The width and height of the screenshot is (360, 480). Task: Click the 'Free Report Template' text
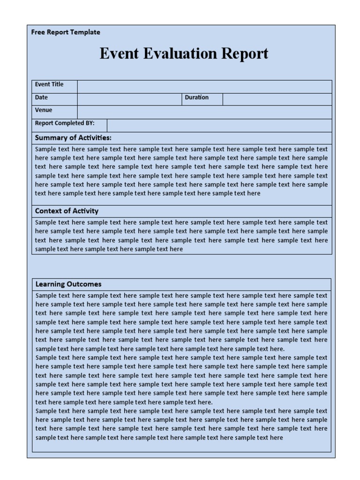(66, 32)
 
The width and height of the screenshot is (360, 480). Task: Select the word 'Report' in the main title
(245, 53)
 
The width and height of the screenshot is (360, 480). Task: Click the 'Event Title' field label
(49, 84)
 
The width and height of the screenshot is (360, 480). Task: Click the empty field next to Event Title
(204, 87)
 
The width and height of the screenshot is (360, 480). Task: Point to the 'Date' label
(41, 97)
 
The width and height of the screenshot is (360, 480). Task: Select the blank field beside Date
(129, 99)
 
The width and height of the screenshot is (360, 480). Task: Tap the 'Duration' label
(197, 97)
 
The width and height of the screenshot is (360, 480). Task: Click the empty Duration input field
(277, 99)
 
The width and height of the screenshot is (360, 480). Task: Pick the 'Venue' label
(44, 110)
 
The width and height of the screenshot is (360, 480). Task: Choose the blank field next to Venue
(204, 112)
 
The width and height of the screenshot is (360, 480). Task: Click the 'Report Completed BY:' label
(65, 123)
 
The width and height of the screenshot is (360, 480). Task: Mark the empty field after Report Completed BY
(219, 125)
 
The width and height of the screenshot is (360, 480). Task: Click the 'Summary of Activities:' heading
(73, 138)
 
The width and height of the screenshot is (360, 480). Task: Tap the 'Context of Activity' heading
(67, 211)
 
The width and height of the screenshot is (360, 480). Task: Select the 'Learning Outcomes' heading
(68, 284)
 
